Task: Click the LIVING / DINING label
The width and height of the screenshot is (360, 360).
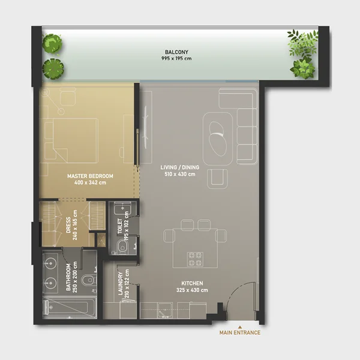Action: [x=178, y=167]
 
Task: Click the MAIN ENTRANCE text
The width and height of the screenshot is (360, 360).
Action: [x=239, y=332]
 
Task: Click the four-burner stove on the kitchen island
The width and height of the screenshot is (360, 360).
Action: [x=196, y=259]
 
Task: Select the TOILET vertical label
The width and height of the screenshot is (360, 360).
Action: [x=120, y=227]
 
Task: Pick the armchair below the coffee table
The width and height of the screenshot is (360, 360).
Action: [x=217, y=178]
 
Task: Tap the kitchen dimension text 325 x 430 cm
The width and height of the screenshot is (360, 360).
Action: [x=193, y=290]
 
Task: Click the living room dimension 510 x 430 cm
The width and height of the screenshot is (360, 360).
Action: [x=178, y=174]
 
